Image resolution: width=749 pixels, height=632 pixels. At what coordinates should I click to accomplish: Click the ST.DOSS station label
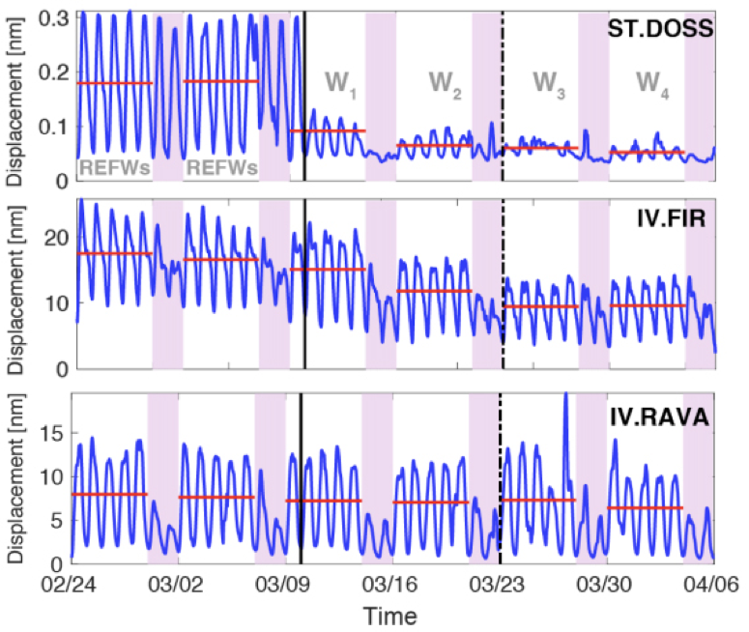point(661,29)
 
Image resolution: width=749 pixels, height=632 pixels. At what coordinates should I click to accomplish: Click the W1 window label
point(341,85)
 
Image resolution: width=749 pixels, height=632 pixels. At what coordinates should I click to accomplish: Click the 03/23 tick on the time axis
point(500,585)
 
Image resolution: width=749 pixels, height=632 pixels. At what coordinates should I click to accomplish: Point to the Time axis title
point(391,616)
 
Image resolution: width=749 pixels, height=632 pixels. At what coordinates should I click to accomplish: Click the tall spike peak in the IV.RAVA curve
point(564,393)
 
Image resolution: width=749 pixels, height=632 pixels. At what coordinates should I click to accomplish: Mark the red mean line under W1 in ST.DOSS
point(328,130)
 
